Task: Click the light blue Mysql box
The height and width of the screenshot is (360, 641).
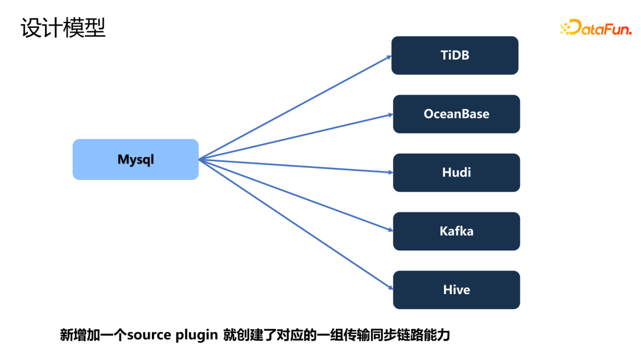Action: click(135, 160)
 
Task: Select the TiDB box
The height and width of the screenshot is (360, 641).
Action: click(455, 55)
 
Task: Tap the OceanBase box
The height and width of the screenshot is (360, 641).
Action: click(456, 114)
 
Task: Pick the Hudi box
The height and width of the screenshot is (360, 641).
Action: click(456, 173)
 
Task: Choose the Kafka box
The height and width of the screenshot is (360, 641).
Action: click(456, 231)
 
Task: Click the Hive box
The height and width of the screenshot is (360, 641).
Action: click(456, 290)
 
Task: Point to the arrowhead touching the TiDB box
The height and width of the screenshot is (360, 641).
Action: click(389, 57)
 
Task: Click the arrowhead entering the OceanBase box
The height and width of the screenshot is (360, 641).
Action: click(390, 114)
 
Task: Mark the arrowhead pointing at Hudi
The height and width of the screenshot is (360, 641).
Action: click(390, 173)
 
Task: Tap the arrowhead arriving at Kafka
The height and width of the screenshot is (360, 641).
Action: click(390, 231)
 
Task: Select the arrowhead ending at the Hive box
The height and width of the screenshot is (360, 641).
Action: click(390, 288)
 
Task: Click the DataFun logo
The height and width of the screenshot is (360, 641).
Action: click(596, 28)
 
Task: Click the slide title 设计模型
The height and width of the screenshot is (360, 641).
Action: click(63, 28)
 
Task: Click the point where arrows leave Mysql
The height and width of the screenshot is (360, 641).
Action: click(199, 160)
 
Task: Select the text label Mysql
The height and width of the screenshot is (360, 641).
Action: click(135, 160)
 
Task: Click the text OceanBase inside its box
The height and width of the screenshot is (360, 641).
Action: click(456, 114)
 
